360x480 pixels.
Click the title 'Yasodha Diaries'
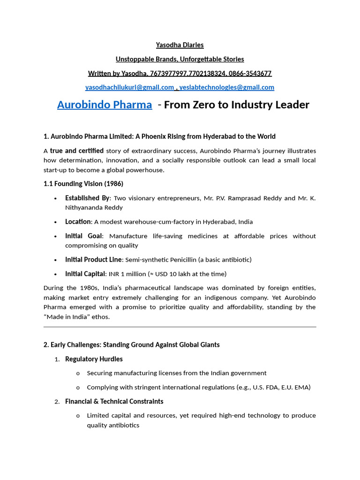tap(180, 45)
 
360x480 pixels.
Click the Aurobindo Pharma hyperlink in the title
tap(105, 105)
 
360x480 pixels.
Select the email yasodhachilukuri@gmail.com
tap(129, 87)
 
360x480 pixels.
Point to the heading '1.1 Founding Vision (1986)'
tap(83, 184)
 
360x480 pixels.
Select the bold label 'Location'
tap(78, 222)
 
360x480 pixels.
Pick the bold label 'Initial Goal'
tap(83, 236)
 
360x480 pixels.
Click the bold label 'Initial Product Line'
tap(94, 260)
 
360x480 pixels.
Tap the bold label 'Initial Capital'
tap(85, 274)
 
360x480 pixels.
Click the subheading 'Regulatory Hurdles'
tap(94, 359)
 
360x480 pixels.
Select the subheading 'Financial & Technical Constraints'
tap(114, 401)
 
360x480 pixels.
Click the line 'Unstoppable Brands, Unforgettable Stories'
tap(180, 59)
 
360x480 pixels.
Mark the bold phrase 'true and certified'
tap(77, 151)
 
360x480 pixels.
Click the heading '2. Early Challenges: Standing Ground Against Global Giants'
tap(131, 345)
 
